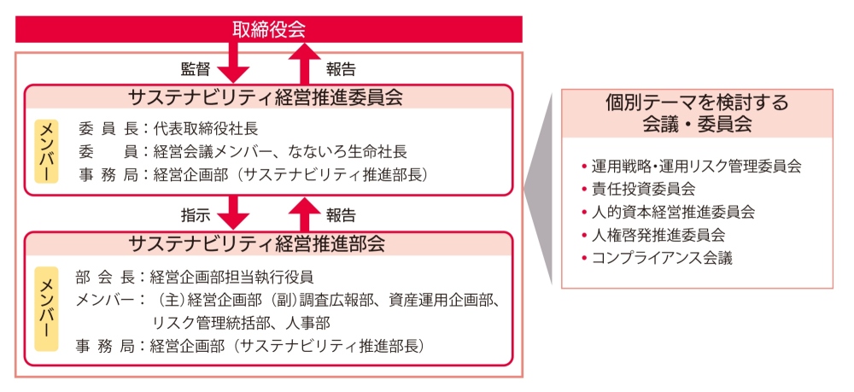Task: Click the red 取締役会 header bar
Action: click(268, 29)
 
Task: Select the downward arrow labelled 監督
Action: click(233, 62)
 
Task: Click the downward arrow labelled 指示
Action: click(233, 213)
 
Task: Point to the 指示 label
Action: click(195, 215)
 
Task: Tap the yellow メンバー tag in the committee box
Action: click(46, 151)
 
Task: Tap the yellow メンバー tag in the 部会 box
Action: click(46, 308)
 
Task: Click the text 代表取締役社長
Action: click(205, 129)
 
